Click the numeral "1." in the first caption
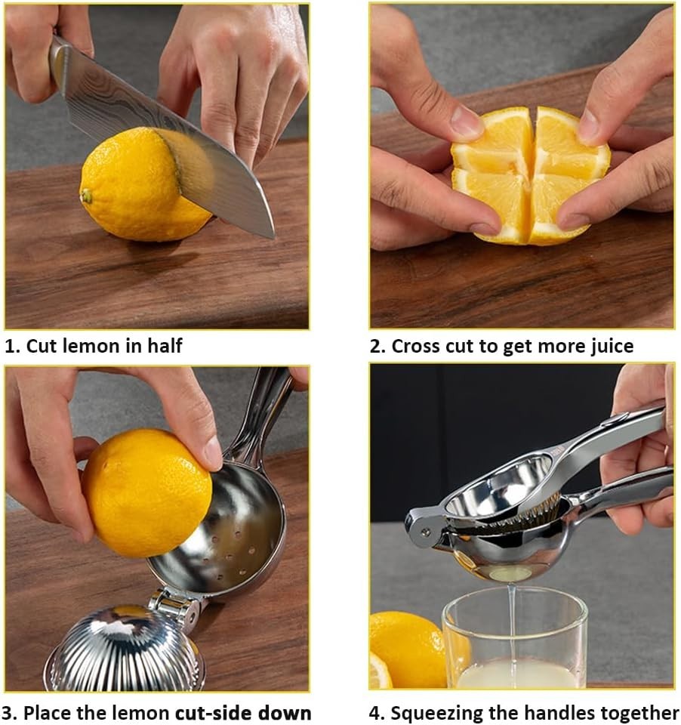(x=12, y=346)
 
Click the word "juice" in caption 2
(x=609, y=346)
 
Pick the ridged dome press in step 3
(x=125, y=649)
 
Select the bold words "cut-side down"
(x=243, y=712)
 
